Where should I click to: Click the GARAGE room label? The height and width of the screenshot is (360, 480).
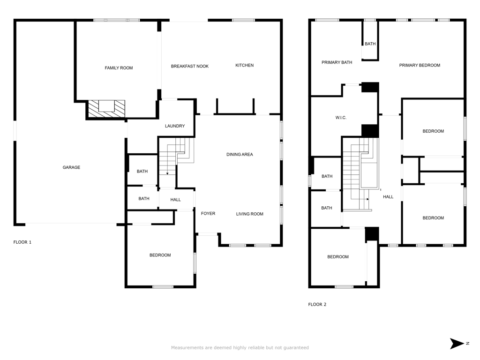71,167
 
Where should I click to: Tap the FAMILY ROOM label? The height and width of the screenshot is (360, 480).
119,68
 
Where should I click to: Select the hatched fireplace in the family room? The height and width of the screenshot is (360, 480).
106,108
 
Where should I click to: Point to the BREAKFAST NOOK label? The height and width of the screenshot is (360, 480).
190,66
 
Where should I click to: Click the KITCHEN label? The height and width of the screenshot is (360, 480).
245,65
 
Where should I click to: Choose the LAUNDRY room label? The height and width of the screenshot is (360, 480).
175,126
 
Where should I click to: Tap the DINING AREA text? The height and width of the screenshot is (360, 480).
240,155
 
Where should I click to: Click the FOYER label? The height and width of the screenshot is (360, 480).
208,214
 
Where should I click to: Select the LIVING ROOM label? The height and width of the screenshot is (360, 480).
250,214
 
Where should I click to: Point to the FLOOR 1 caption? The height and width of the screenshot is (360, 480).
22,242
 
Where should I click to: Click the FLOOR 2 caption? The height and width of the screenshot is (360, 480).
317,304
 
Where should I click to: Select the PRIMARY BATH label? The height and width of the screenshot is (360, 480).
337,62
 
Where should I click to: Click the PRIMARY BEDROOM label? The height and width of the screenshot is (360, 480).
420,65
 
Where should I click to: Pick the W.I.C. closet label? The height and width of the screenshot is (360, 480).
341,118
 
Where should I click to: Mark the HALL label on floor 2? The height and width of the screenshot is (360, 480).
388,197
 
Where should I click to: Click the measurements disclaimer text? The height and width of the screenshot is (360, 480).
240,348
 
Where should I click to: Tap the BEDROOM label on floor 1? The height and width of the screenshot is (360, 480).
160,255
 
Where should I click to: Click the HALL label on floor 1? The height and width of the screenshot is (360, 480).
175,200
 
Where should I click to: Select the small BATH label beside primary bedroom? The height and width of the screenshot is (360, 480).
370,44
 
